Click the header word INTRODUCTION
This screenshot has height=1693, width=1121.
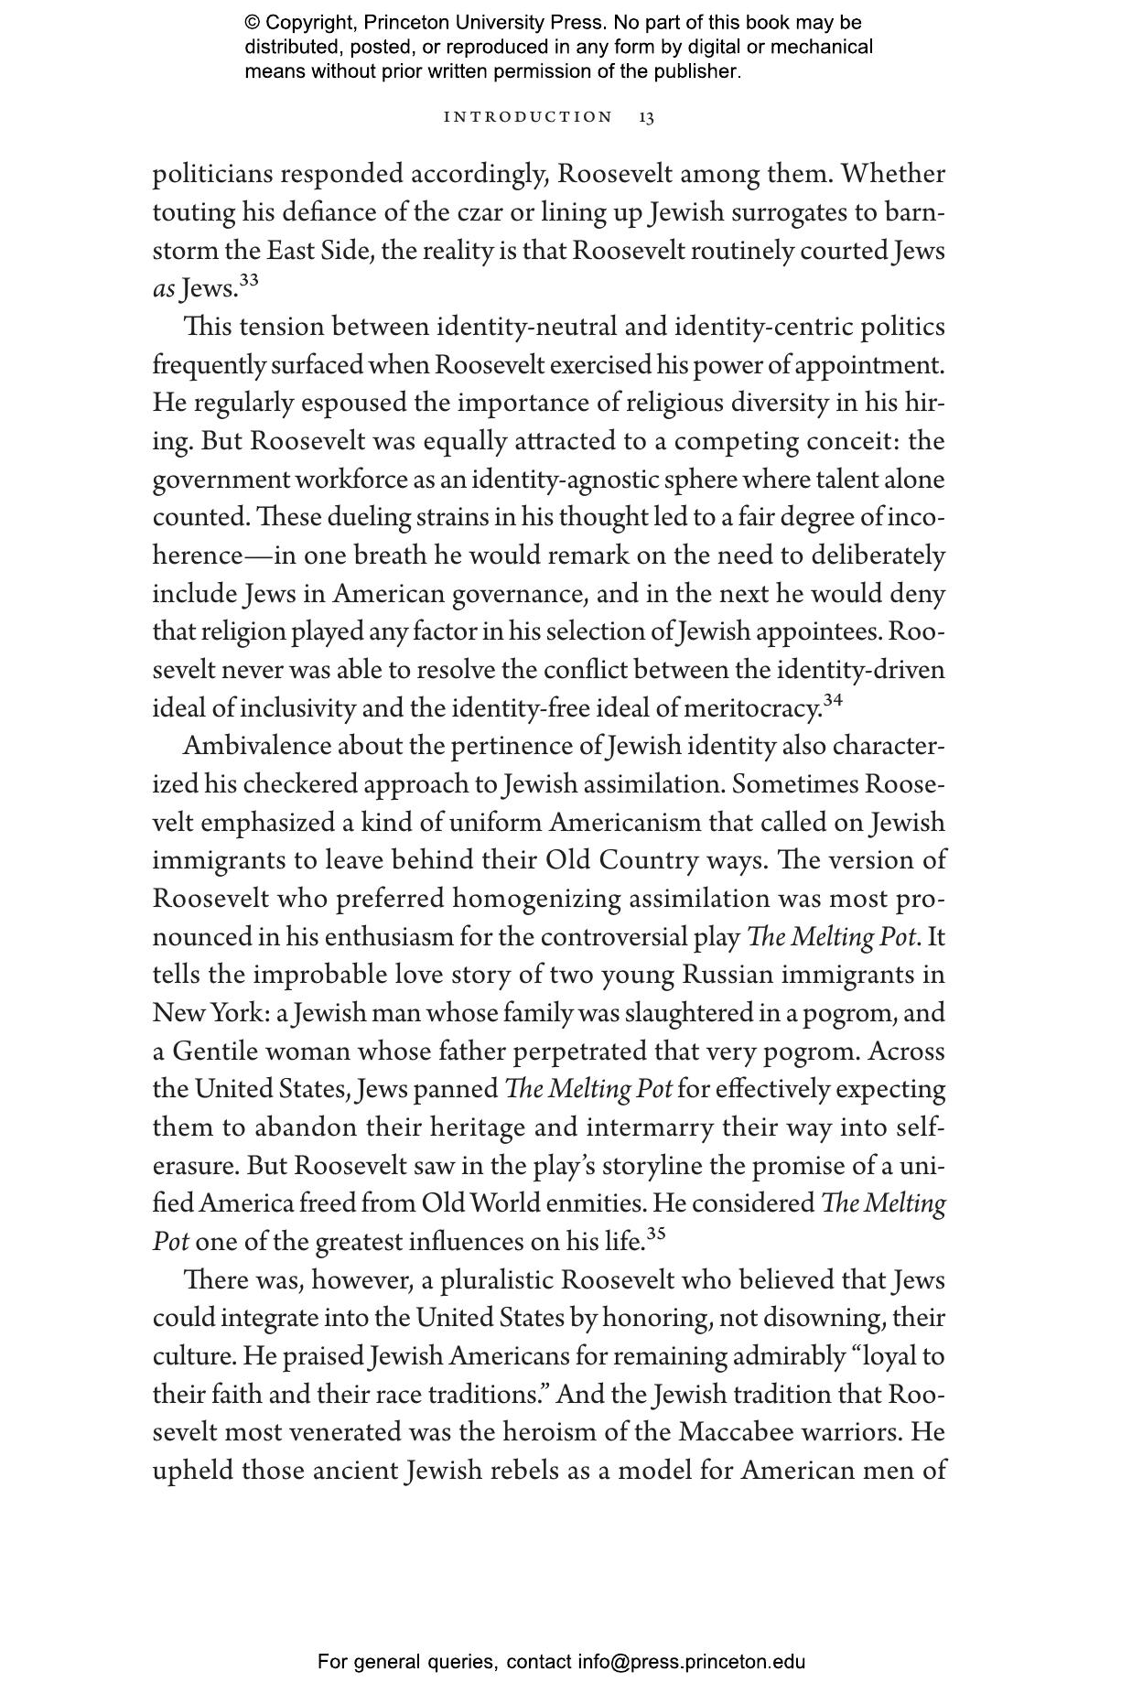528,117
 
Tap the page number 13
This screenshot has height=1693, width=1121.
646,117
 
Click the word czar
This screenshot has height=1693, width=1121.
480,212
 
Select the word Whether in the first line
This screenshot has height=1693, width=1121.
893,174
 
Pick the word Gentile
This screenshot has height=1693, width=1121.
214,1051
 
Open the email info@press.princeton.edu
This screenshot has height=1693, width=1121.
691,1662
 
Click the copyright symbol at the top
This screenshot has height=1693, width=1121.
253,23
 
